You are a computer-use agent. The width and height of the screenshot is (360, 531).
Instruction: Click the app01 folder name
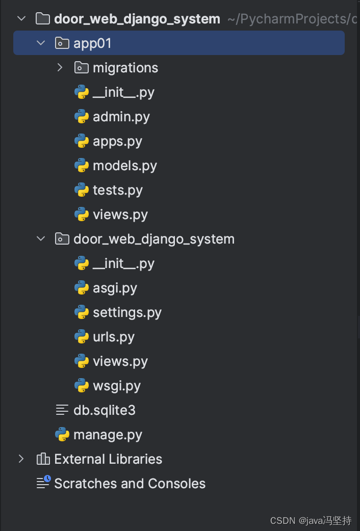click(92, 43)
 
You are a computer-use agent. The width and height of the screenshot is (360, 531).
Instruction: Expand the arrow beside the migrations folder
click(60, 67)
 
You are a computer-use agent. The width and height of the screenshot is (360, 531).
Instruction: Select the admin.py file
click(121, 117)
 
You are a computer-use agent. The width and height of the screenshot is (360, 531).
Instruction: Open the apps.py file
click(117, 142)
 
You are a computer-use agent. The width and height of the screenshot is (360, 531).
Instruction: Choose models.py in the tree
click(125, 166)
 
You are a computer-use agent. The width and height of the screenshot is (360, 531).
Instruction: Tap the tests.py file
click(118, 190)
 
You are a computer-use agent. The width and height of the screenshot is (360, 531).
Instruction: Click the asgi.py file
click(115, 288)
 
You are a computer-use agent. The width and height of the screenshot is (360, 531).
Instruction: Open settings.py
click(127, 313)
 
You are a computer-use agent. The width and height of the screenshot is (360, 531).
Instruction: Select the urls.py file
click(114, 337)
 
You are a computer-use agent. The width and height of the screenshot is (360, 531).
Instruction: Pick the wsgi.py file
click(117, 386)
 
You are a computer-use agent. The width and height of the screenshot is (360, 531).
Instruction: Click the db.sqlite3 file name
click(105, 410)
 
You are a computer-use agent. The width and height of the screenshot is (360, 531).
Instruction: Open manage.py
click(108, 435)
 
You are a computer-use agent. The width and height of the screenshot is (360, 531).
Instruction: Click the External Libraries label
click(108, 459)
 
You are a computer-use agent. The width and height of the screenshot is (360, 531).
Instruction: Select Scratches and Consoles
click(130, 484)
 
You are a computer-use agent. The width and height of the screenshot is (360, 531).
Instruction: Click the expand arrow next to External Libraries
click(21, 459)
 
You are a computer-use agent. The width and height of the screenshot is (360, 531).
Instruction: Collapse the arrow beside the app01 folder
click(41, 43)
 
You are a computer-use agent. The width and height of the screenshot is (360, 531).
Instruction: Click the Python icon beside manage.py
click(62, 435)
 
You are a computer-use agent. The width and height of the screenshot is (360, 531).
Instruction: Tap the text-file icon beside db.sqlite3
click(62, 410)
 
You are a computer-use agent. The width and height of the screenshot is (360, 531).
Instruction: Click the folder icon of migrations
click(82, 68)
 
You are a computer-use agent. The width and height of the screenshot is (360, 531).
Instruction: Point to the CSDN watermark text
click(311, 520)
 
